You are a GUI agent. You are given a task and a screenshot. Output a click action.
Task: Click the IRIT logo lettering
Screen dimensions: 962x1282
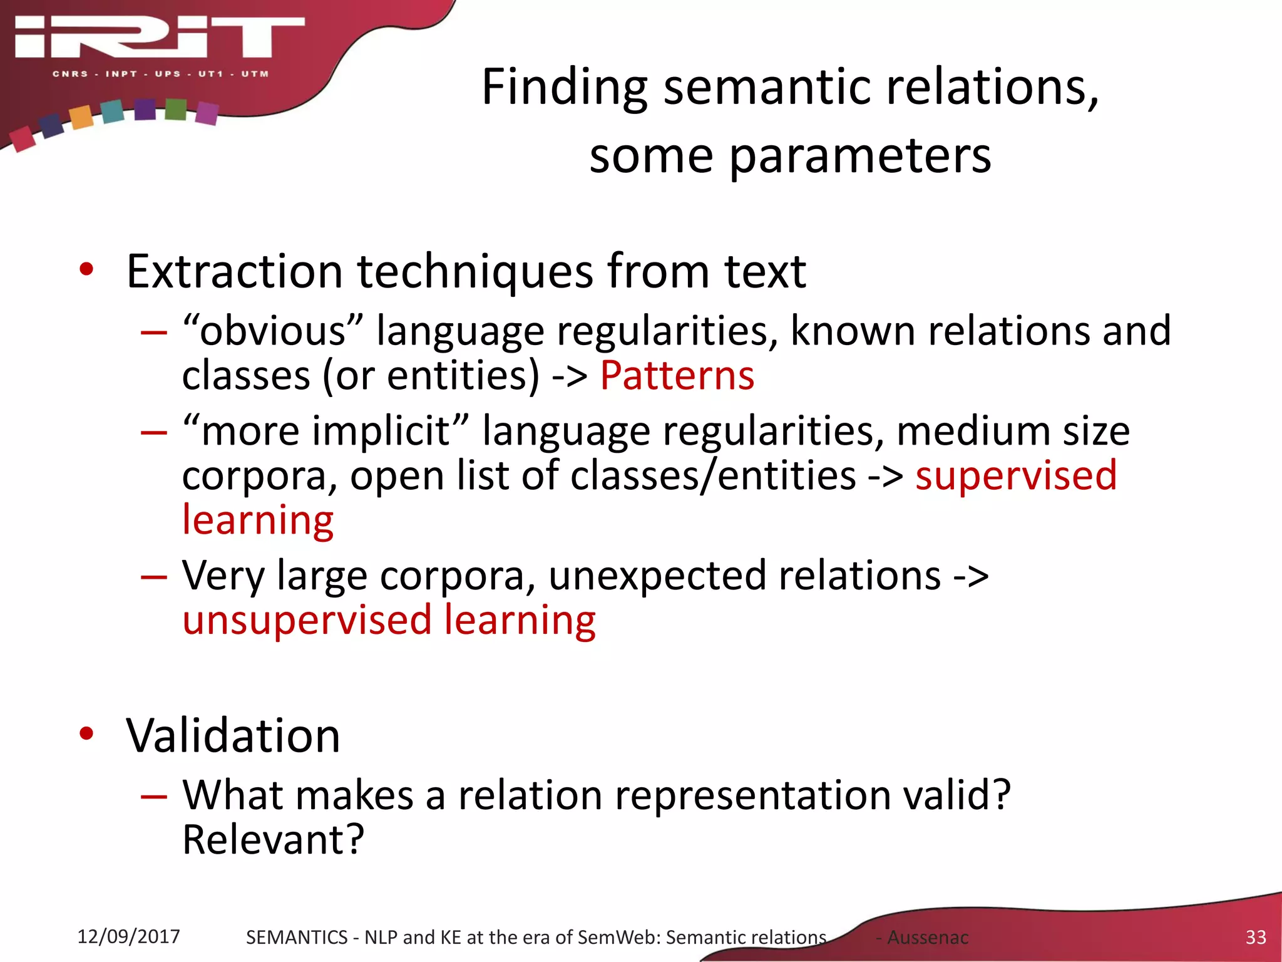point(160,38)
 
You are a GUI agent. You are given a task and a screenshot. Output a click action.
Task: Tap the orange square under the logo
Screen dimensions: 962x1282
point(81,117)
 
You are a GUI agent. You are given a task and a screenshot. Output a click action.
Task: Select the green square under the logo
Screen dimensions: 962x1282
point(176,110)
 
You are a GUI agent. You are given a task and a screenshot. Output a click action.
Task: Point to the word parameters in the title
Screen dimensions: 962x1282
point(860,157)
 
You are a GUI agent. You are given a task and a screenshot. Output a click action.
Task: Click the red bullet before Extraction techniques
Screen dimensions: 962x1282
point(86,270)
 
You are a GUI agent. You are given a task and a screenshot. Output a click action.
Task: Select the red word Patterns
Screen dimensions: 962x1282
point(677,376)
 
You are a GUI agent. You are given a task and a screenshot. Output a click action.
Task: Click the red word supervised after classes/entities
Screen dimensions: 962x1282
point(1015,475)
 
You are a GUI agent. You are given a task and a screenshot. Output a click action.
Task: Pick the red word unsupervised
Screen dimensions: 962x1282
point(307,620)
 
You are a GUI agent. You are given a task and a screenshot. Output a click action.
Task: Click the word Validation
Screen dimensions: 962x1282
point(233,735)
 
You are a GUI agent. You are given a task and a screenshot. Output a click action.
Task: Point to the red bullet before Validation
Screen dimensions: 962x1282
point(86,733)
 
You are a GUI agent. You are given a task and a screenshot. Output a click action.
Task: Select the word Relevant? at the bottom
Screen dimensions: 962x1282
point(273,840)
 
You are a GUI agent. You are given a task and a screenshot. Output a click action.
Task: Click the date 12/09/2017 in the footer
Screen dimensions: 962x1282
point(128,936)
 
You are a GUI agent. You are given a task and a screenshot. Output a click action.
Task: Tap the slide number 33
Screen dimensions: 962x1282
point(1255,937)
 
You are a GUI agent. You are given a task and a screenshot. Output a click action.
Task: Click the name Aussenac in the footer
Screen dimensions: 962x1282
point(928,938)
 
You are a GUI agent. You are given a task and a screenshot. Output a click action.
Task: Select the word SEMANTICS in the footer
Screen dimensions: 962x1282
point(296,938)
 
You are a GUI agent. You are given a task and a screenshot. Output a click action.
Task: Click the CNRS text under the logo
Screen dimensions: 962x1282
point(70,74)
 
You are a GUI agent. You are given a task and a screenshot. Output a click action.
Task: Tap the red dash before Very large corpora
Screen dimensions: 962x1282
point(154,576)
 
